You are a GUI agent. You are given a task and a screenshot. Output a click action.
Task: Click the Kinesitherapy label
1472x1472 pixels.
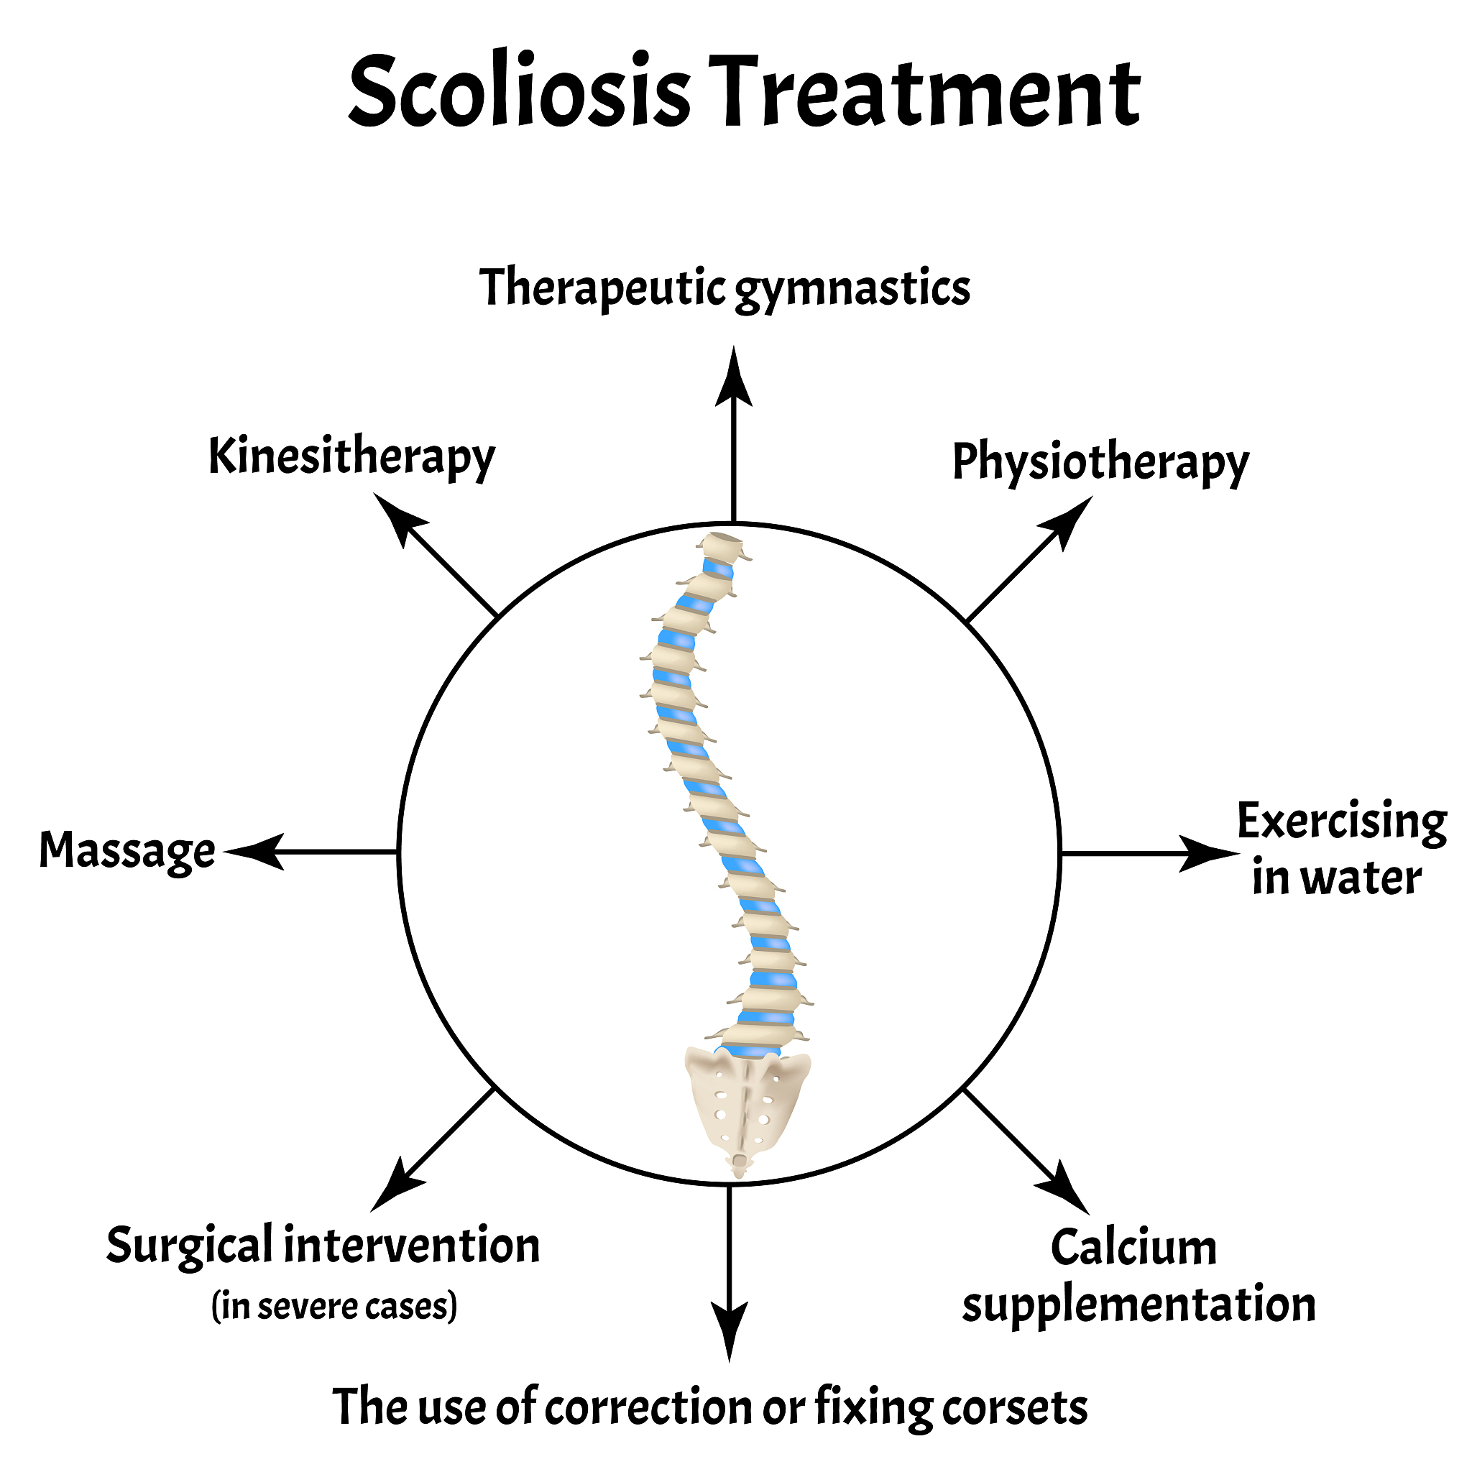pyautogui.click(x=351, y=457)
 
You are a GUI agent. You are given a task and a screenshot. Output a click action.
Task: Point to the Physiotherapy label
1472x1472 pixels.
pyautogui.click(x=1100, y=462)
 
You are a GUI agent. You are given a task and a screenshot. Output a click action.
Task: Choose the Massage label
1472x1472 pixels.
pyautogui.click(x=127, y=851)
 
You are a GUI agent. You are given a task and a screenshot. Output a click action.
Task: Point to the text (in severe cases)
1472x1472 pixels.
pyautogui.click(x=334, y=1307)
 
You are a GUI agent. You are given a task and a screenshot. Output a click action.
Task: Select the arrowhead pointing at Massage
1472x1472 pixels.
pyautogui.click(x=255, y=851)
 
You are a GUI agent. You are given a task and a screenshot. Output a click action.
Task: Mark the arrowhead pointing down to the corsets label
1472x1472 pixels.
pyautogui.click(x=729, y=1330)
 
